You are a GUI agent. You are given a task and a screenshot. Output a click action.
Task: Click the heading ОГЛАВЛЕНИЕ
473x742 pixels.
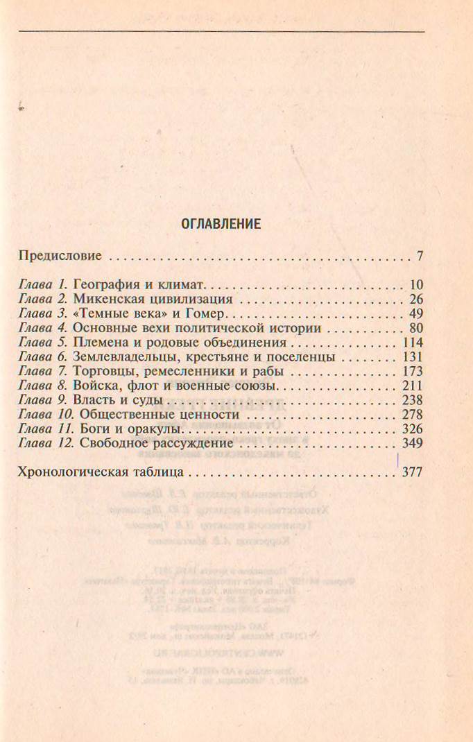coord(221,224)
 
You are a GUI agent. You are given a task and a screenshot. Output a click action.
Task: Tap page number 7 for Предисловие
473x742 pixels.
coord(420,256)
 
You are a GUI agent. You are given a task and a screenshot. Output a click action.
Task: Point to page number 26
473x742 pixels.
coord(416,300)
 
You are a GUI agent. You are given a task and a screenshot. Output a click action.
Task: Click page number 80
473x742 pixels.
coord(416,329)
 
